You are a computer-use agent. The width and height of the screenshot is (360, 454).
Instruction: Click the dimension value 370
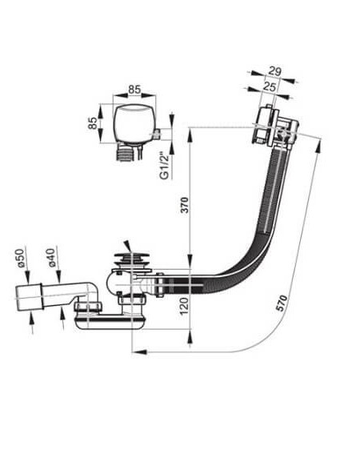coord(185,205)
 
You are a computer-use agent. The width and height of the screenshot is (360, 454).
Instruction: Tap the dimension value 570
coord(282,303)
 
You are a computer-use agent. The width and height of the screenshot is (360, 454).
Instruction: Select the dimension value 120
coord(184,306)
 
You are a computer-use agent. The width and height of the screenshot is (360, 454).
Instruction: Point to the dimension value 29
coord(274,71)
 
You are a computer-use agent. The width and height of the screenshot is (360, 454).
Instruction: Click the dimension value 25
coord(269,86)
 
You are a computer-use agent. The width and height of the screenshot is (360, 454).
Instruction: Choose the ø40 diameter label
coord(50,258)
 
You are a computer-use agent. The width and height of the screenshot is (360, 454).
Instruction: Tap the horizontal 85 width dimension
coord(134,90)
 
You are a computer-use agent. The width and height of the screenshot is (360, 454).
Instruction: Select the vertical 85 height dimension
coord(93,123)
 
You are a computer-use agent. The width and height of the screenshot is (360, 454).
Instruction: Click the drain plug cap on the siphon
coord(132,259)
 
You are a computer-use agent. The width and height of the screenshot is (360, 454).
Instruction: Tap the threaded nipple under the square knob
coord(125,152)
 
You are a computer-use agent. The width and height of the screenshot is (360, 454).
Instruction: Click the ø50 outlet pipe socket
coord(29,298)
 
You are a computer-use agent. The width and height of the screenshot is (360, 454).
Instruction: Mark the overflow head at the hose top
coord(275,127)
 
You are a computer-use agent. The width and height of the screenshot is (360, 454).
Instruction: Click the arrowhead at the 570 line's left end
coord(139,352)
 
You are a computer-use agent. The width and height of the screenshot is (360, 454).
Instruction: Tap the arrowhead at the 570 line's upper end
coord(318,146)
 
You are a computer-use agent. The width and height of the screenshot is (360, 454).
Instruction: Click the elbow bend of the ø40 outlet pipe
coord(90,291)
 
